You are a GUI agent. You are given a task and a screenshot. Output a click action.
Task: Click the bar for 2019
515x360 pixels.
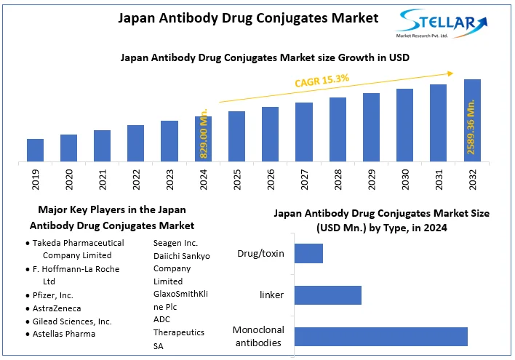click(x=35, y=150)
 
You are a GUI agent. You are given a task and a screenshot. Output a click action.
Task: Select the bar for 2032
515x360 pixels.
click(x=472, y=120)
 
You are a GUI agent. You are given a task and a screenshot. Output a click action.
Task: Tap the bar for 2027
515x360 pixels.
click(x=304, y=132)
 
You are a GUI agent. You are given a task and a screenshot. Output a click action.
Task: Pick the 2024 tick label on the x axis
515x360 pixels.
click(x=204, y=180)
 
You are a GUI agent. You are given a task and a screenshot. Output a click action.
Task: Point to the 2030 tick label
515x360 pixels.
click(x=405, y=180)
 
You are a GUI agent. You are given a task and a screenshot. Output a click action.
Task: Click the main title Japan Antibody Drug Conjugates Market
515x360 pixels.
click(x=249, y=18)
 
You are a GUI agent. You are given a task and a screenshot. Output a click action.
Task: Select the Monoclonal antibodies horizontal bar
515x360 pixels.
click(x=380, y=336)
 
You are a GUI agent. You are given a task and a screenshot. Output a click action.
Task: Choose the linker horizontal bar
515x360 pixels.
click(x=328, y=295)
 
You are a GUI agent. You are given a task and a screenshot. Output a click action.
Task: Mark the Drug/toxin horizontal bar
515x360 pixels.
click(x=308, y=253)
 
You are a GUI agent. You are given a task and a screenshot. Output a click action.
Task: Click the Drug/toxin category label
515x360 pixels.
click(x=260, y=254)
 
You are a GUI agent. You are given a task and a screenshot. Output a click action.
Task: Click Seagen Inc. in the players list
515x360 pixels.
click(x=175, y=242)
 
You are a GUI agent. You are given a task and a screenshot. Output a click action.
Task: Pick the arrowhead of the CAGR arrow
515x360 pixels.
click(x=451, y=72)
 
